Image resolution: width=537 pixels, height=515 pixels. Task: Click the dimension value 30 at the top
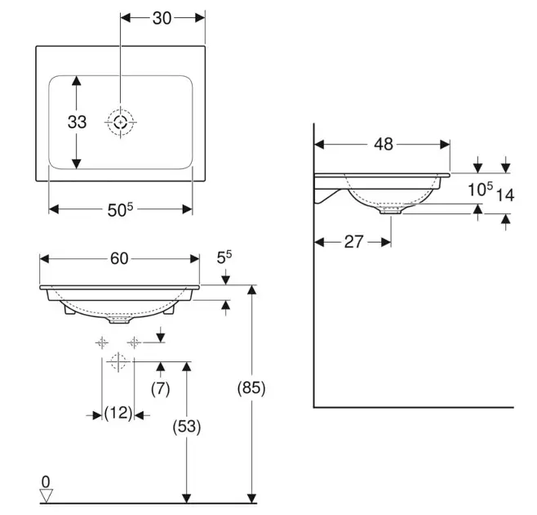pyautogui.click(x=162, y=18)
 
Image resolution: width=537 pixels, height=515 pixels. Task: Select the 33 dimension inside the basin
pyautogui.click(x=77, y=122)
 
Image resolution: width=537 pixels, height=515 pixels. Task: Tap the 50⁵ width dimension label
pyautogui.click(x=120, y=209)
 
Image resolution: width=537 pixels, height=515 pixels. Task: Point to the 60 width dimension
pyautogui.click(x=119, y=258)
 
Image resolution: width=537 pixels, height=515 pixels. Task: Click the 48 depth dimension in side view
pyautogui.click(x=384, y=144)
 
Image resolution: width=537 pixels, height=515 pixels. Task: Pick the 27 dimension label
pyautogui.click(x=353, y=242)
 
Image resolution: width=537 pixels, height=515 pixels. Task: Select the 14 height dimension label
pyautogui.click(x=505, y=195)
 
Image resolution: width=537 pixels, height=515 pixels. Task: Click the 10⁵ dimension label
pyautogui.click(x=481, y=189)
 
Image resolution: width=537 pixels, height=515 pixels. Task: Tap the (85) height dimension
pyautogui.click(x=251, y=388)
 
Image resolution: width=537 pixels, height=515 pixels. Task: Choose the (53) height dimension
pyautogui.click(x=187, y=427)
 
